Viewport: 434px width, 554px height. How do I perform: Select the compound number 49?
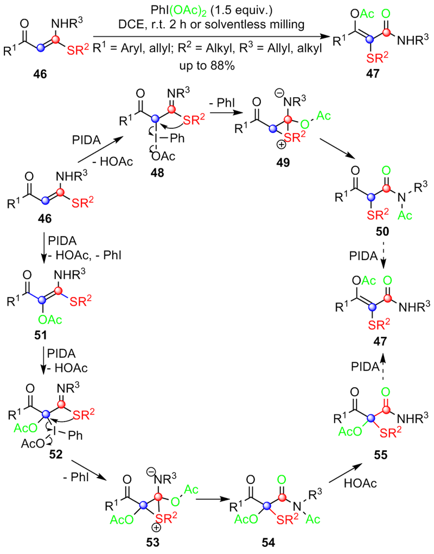[284, 162]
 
